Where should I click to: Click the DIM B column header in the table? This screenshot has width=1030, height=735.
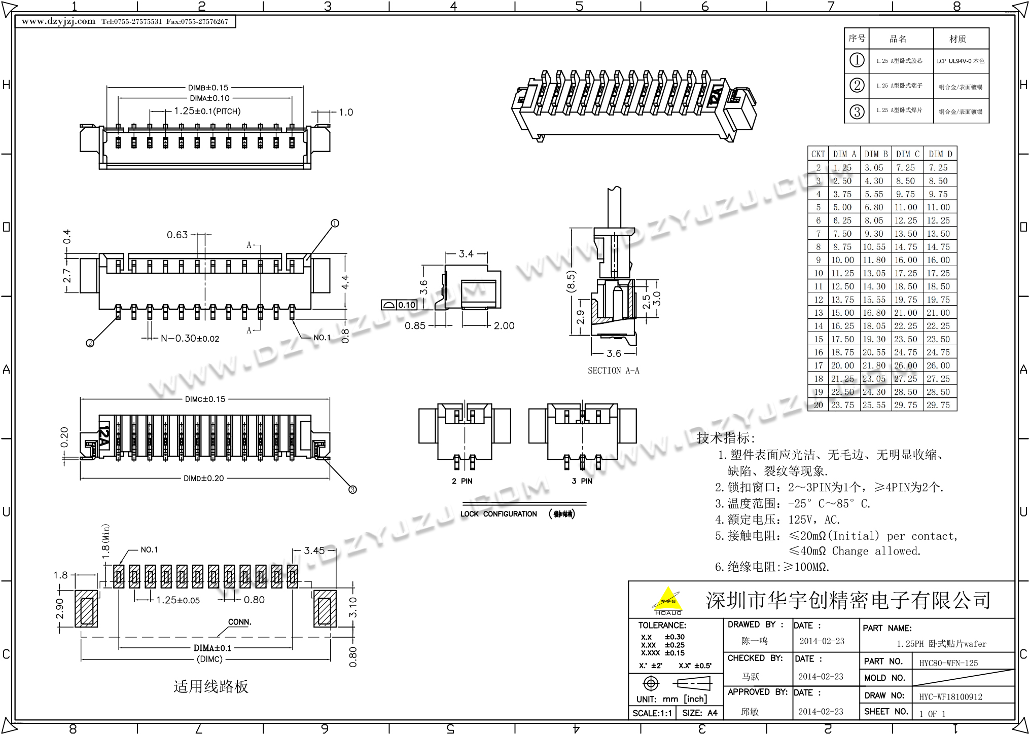(x=876, y=154)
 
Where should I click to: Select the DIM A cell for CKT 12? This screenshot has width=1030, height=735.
(x=842, y=300)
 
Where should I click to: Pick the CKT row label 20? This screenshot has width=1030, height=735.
(x=818, y=405)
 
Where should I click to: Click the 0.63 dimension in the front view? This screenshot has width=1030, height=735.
(x=177, y=235)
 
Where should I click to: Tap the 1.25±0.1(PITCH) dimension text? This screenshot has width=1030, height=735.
(x=207, y=112)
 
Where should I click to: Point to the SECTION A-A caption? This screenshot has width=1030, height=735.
(x=613, y=371)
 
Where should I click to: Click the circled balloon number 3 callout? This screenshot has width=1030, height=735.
(x=352, y=489)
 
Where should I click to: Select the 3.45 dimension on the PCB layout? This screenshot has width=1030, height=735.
(x=314, y=550)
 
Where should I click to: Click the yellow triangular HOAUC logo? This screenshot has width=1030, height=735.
(x=668, y=600)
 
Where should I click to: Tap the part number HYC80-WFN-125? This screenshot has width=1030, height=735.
(x=948, y=663)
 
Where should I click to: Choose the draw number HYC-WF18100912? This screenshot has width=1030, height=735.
(x=950, y=697)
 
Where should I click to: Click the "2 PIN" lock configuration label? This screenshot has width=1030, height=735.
(x=462, y=481)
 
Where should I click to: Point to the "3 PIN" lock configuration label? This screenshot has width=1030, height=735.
(x=582, y=481)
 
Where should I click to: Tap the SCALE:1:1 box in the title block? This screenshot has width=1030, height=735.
(x=652, y=713)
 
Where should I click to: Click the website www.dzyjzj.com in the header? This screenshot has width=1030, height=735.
(x=58, y=21)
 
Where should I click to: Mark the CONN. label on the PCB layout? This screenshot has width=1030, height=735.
(x=239, y=622)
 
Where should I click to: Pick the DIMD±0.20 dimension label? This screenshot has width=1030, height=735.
(x=203, y=478)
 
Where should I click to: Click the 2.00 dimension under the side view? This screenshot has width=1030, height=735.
(x=504, y=326)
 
